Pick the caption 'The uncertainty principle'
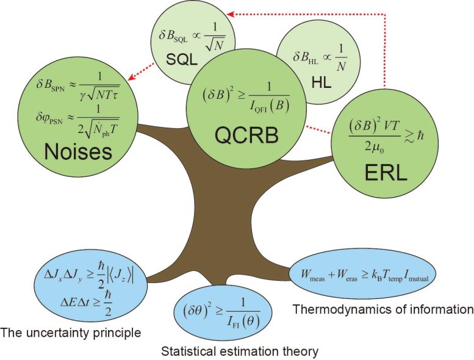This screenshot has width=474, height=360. point(71,333)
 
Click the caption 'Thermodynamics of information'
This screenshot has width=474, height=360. point(383,309)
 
